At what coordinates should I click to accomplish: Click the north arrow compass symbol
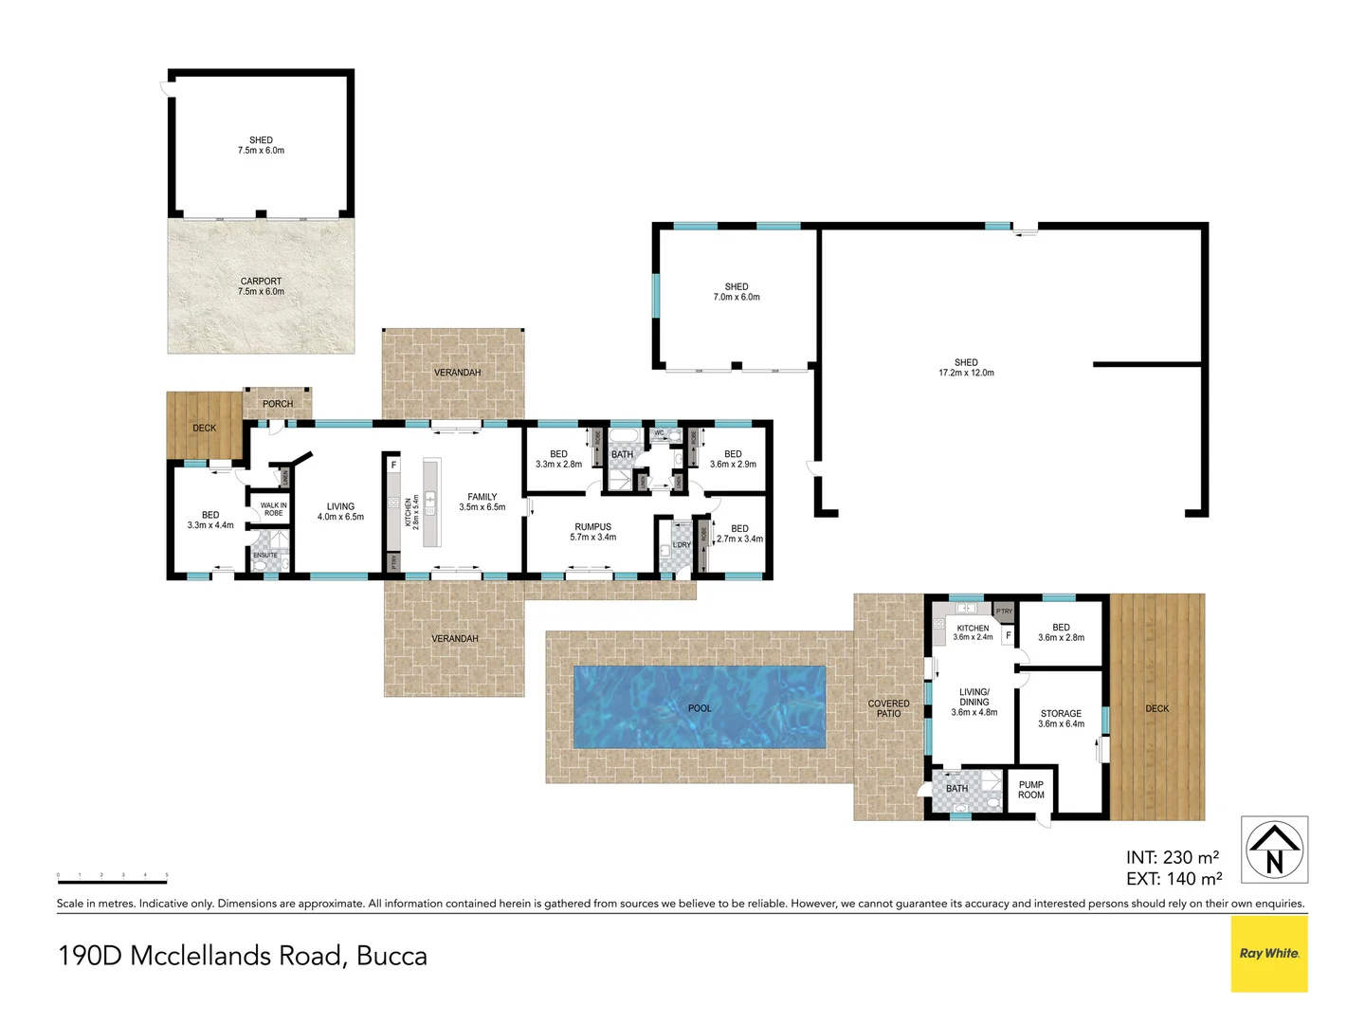[1274, 850]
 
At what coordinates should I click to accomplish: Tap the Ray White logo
[1269, 953]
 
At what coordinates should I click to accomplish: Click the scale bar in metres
[112, 879]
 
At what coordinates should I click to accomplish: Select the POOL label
[700, 708]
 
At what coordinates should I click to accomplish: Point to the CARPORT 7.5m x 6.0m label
[261, 286]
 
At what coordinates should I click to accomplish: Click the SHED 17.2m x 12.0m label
[966, 368]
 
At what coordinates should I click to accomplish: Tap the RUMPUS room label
[592, 532]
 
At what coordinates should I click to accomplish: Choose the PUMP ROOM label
[1030, 790]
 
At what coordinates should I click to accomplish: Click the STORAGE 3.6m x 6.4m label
[1061, 719]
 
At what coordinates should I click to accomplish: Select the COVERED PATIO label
[888, 708]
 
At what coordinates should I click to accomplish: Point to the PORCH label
[278, 404]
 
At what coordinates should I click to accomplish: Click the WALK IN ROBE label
[273, 509]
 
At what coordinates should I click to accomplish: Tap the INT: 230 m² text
[1173, 857]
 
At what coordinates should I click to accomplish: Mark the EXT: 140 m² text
[1174, 879]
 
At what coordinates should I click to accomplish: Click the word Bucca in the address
[391, 956]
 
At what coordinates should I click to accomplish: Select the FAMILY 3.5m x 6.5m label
[482, 502]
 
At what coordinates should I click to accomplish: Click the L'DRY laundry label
[682, 545]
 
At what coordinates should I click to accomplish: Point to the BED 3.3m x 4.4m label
[210, 520]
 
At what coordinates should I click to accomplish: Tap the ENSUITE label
[265, 556]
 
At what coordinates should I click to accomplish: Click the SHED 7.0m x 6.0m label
[737, 292]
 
